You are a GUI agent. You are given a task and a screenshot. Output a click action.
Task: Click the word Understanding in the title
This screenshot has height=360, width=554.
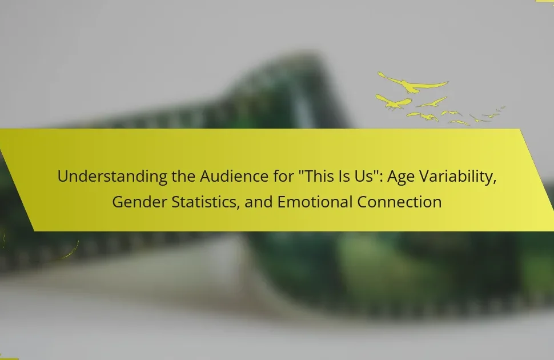(x=112, y=177)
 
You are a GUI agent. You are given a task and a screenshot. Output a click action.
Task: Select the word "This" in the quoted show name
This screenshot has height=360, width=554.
(x=319, y=176)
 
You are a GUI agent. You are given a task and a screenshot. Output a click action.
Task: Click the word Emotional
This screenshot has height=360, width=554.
(x=315, y=202)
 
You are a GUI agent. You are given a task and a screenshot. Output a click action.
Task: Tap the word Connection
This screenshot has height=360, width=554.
(x=399, y=202)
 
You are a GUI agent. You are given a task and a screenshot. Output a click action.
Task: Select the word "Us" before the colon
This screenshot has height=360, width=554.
(x=363, y=176)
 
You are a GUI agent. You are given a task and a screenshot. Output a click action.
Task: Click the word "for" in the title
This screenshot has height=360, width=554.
(x=283, y=176)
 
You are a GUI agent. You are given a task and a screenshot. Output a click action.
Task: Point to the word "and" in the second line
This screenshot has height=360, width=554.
(x=259, y=202)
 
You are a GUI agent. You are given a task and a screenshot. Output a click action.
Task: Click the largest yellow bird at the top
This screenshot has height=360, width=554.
(x=412, y=83)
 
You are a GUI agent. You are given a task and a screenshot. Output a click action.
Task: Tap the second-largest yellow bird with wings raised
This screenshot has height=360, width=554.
(x=393, y=102)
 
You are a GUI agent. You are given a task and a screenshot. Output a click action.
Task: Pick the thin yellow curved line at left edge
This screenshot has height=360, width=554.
(x=71, y=252)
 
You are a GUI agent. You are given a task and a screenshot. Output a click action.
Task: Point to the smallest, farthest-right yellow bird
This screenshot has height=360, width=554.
(x=501, y=108)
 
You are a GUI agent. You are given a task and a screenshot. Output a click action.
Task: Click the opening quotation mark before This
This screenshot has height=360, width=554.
(x=300, y=172)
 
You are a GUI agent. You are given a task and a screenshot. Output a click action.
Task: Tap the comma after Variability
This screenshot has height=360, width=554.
(x=494, y=182)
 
